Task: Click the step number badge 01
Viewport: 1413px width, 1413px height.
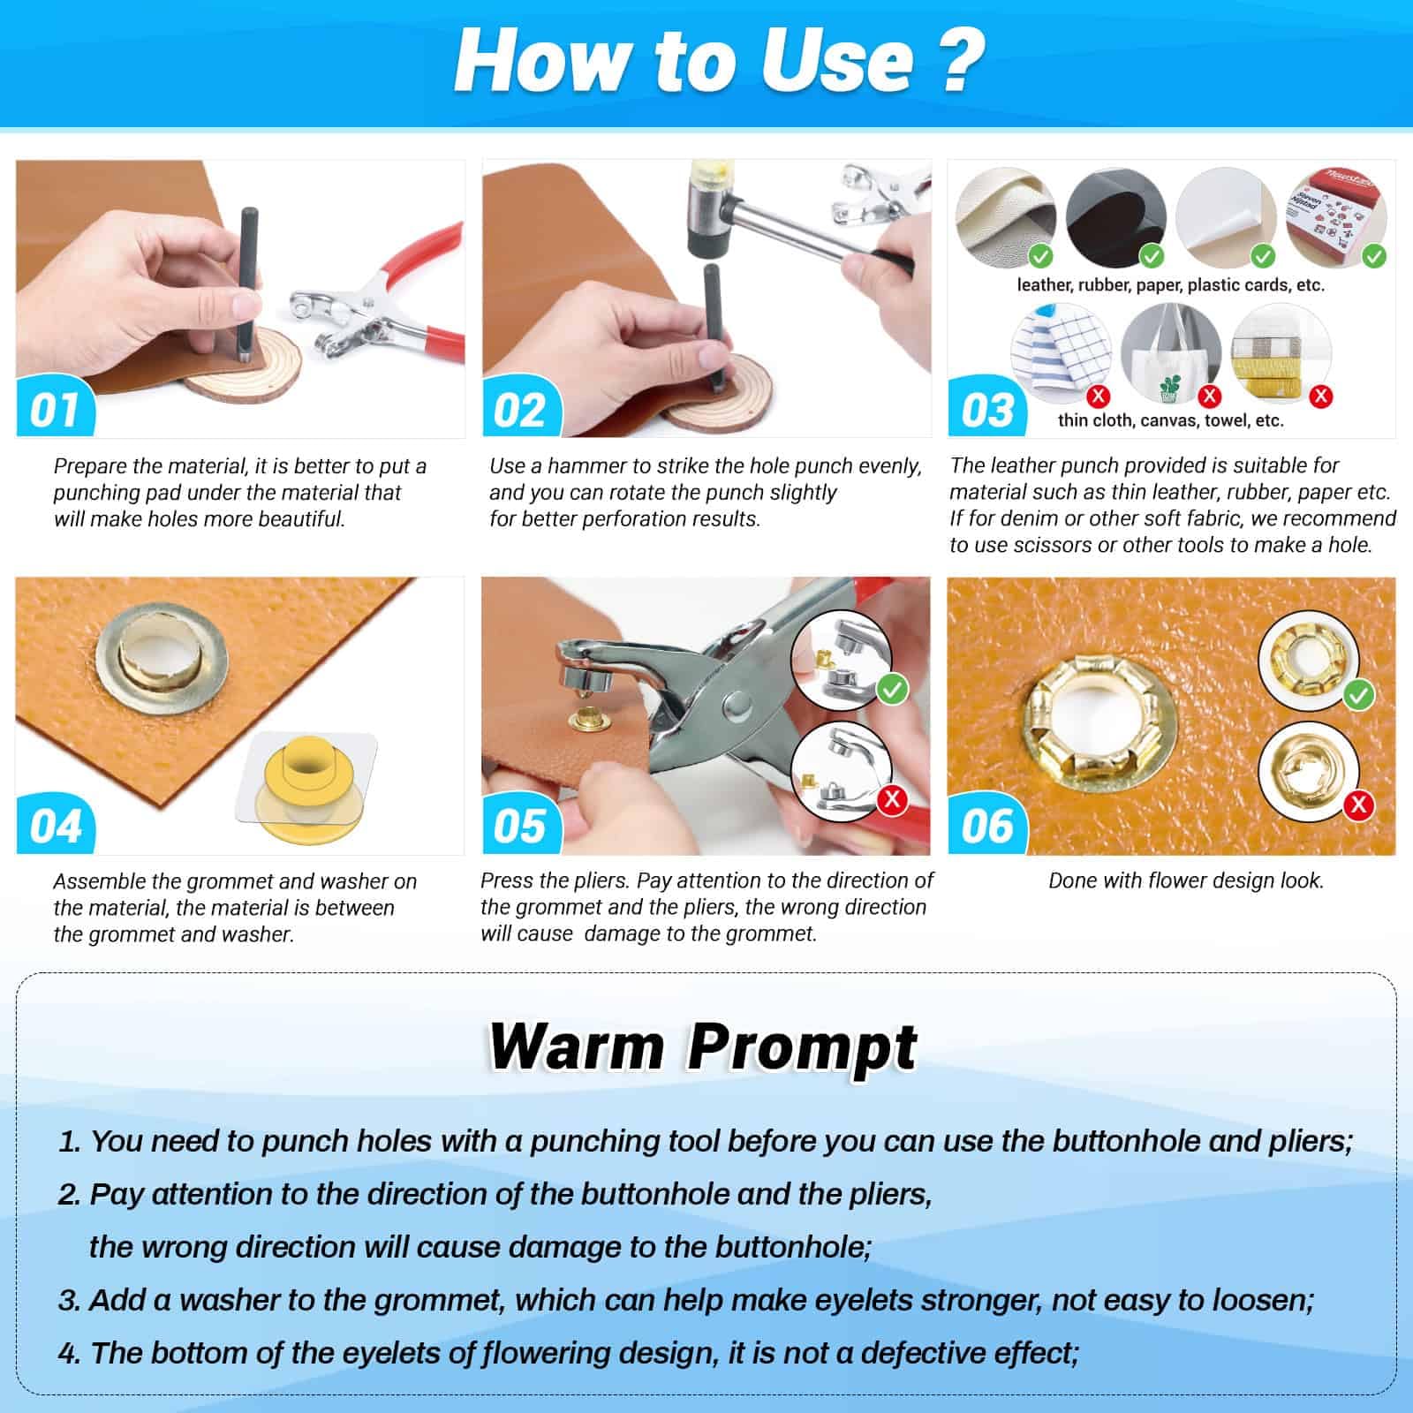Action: pos(56,409)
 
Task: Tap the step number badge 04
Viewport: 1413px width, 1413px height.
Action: pos(56,826)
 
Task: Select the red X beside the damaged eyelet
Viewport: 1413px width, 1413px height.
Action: pos(1358,804)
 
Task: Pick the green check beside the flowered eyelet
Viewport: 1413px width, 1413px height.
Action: pos(1358,695)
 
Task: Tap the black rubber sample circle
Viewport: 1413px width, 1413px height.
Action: pos(1115,218)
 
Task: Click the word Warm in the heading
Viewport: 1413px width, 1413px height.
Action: pos(577,1048)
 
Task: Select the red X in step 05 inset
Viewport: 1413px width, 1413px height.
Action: pos(893,799)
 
